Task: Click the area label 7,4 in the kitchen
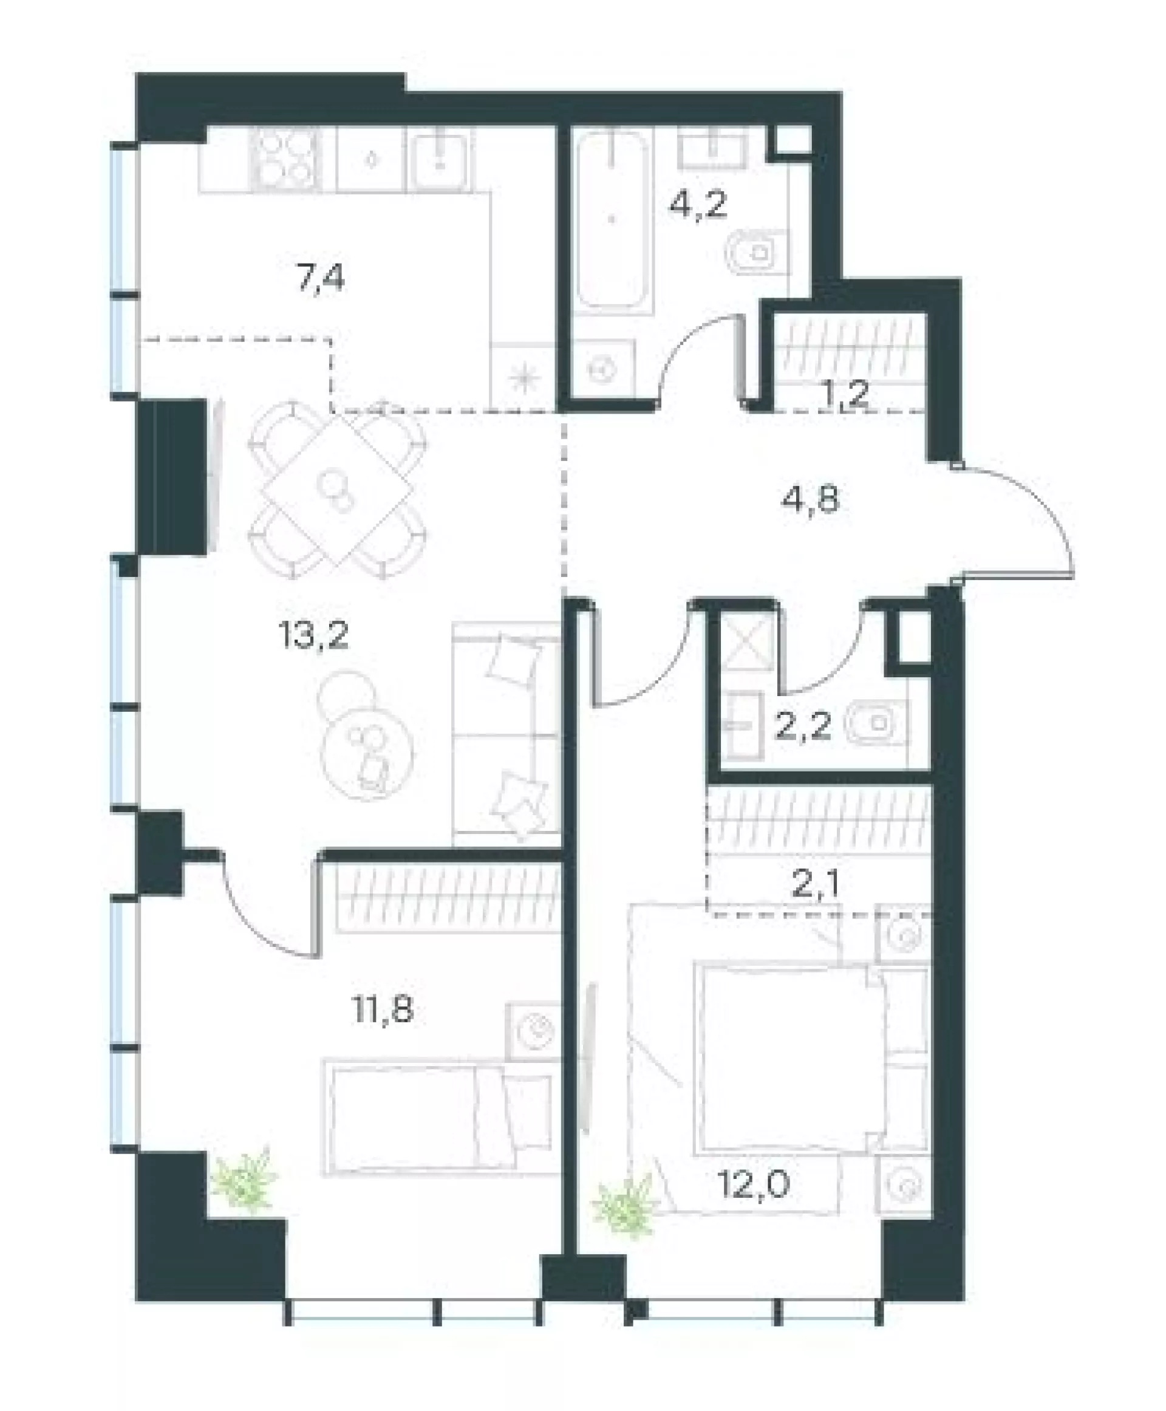point(321,278)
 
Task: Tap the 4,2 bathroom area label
point(698,203)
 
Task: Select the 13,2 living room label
point(313,634)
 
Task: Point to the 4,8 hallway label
point(811,499)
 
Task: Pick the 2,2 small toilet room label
point(804,726)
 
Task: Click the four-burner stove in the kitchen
point(285,159)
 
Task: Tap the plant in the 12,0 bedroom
point(625,1207)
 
